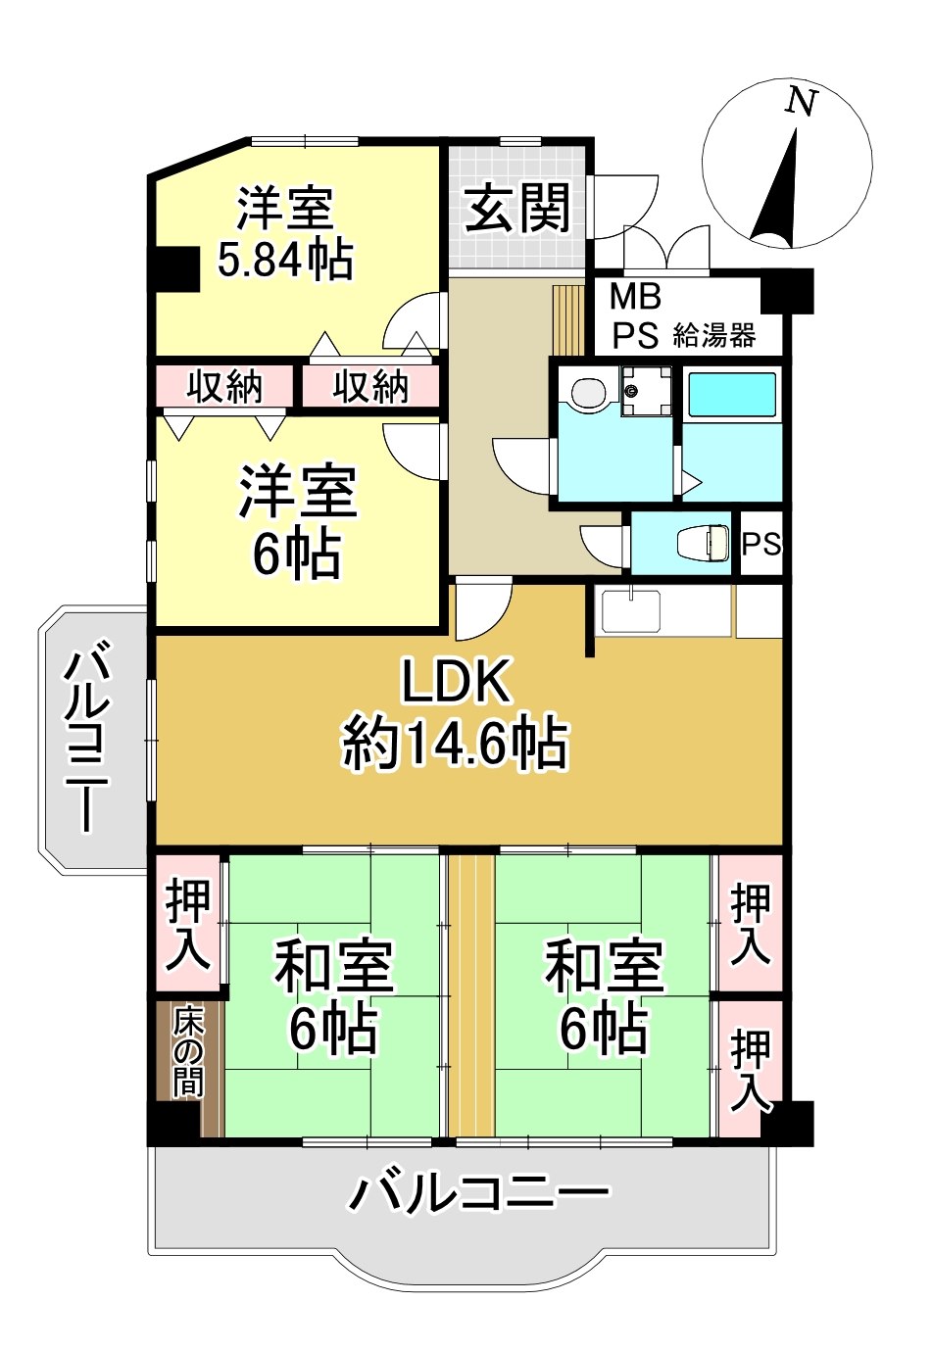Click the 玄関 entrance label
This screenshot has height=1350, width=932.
click(517, 209)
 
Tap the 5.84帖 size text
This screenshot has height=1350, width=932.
click(284, 261)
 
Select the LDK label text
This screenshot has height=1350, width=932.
click(457, 682)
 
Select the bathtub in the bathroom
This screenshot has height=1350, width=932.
click(732, 394)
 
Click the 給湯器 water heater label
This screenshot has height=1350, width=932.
click(713, 336)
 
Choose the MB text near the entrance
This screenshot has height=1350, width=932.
click(635, 297)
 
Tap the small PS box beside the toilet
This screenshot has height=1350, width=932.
click(760, 545)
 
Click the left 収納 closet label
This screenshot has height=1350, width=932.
click(223, 386)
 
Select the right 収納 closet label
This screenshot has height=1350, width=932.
click(370, 386)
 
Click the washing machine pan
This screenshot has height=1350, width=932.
click(647, 391)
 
